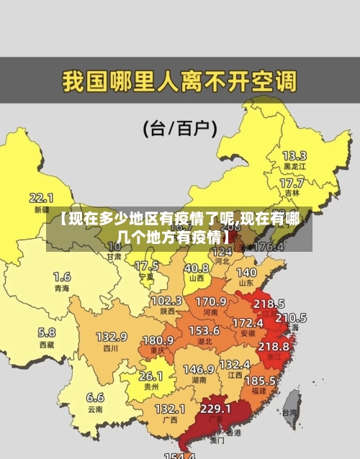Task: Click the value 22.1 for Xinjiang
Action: pos(41,197)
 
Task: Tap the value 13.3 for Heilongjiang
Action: pos(294,155)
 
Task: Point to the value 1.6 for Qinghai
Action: pos(62,276)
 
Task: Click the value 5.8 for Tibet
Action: pos(46,332)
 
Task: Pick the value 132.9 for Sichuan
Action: pos(112,336)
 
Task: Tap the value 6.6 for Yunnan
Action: pos(95,396)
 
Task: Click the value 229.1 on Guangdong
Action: pos(215,408)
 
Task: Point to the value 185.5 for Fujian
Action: pos(260,380)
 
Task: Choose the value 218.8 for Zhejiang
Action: pos(274,346)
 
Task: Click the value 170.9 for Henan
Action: pos(211,301)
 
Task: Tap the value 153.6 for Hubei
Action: pos(204,330)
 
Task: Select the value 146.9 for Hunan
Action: pos(198,368)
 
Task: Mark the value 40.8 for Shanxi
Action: pos(196,267)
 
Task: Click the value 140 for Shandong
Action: pos(246,273)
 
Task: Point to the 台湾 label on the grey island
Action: pos(289,413)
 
